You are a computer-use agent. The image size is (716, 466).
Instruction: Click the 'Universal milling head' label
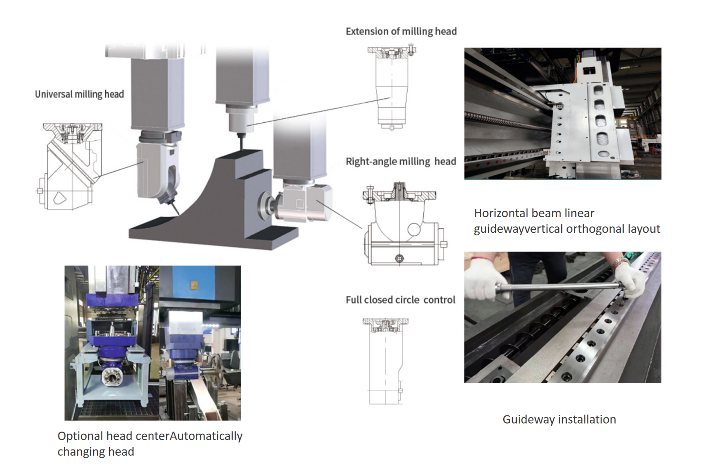79,94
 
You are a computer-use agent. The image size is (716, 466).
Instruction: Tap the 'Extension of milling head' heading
401,32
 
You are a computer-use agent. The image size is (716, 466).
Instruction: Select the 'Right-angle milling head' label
400,162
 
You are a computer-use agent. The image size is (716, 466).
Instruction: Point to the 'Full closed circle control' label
400,300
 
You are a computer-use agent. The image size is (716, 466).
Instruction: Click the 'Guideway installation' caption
559,419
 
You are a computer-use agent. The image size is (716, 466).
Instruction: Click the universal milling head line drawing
69,167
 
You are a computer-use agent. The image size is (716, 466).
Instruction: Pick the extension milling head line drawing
392,88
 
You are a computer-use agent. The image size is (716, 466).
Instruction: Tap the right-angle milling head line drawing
402,225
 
